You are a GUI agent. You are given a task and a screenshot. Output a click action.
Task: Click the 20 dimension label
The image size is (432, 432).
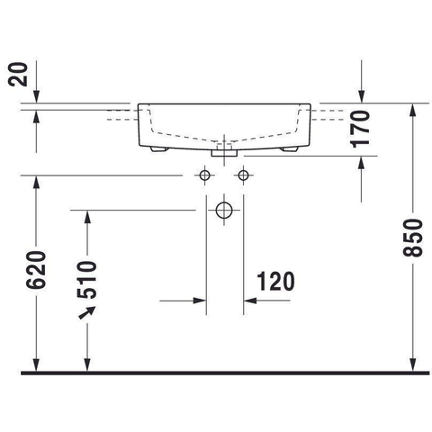[17, 75]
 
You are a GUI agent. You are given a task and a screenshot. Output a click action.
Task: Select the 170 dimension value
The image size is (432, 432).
[359, 129]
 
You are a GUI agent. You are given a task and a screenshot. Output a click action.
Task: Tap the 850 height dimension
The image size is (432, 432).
[412, 238]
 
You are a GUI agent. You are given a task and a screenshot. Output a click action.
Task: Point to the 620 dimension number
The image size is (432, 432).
[36, 270]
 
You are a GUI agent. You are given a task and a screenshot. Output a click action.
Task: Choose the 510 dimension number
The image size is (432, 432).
[86, 280]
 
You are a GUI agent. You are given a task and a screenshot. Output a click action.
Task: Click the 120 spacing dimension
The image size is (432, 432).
[276, 282]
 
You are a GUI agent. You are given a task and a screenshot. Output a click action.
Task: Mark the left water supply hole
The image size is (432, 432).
[204, 175]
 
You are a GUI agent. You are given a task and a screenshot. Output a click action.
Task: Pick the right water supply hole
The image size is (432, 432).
[243, 175]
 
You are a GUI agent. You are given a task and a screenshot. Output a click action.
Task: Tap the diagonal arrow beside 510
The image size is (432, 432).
[87, 312]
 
